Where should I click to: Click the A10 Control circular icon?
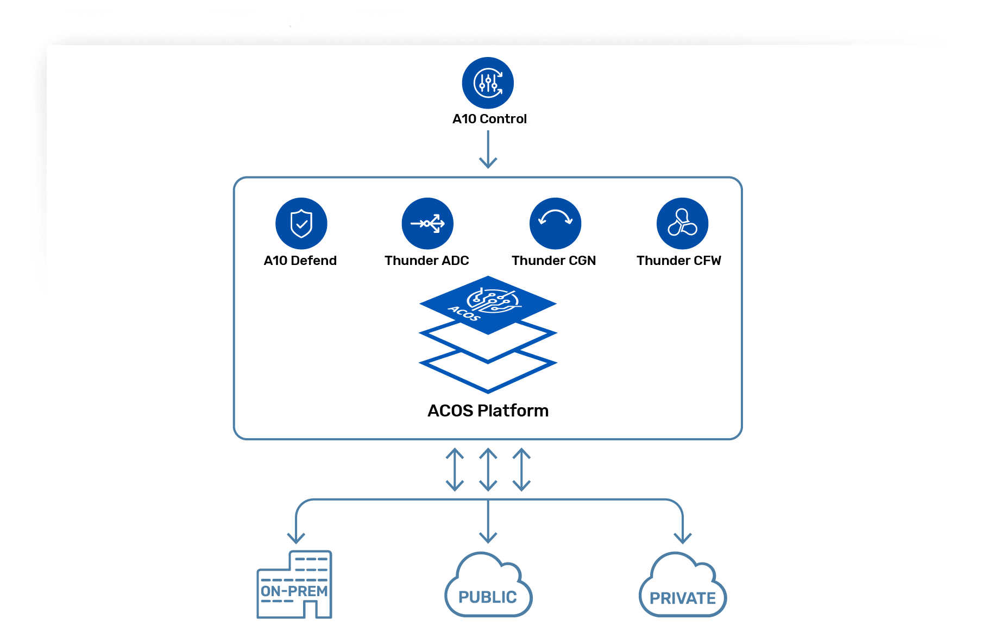(x=488, y=83)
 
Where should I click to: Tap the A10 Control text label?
(x=489, y=119)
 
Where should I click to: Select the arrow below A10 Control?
(x=488, y=150)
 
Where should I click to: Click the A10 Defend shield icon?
(x=301, y=223)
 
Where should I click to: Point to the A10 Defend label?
(x=300, y=261)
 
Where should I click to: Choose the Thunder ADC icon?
(x=427, y=223)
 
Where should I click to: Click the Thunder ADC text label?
(x=426, y=261)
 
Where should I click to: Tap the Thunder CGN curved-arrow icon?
(x=555, y=223)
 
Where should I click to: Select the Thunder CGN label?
(x=553, y=261)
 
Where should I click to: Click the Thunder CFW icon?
(x=682, y=223)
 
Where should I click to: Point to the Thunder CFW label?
(x=678, y=261)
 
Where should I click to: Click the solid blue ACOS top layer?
(x=488, y=304)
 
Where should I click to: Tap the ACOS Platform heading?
(x=488, y=410)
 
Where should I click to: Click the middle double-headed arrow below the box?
(x=488, y=469)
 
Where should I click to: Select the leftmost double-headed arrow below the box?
(x=455, y=469)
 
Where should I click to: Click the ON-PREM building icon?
(x=295, y=585)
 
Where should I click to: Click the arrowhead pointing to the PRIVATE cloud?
(x=682, y=538)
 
